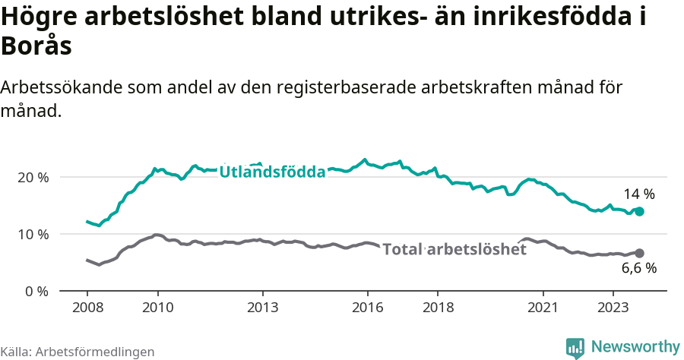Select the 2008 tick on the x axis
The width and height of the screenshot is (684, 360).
click(x=87, y=308)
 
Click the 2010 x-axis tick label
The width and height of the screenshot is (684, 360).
click(x=157, y=308)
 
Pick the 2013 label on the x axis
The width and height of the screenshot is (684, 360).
click(x=263, y=308)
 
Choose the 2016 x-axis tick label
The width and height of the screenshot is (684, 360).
click(x=368, y=308)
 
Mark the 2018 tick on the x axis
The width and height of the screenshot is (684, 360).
click(x=438, y=308)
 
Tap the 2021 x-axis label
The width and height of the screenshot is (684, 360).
click(x=543, y=308)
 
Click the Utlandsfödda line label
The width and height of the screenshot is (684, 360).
click(x=272, y=172)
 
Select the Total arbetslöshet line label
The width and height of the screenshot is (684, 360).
click(x=454, y=249)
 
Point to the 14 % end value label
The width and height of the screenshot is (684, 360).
click(x=639, y=194)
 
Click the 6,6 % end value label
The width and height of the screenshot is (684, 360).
click(x=639, y=268)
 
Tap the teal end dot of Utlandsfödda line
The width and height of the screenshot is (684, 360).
click(x=640, y=211)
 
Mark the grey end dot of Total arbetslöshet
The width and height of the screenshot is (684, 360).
click(x=640, y=253)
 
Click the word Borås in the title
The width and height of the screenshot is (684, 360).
click(x=36, y=46)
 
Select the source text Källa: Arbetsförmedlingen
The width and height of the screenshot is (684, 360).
click(x=78, y=352)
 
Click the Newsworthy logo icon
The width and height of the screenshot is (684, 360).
click(x=575, y=348)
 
